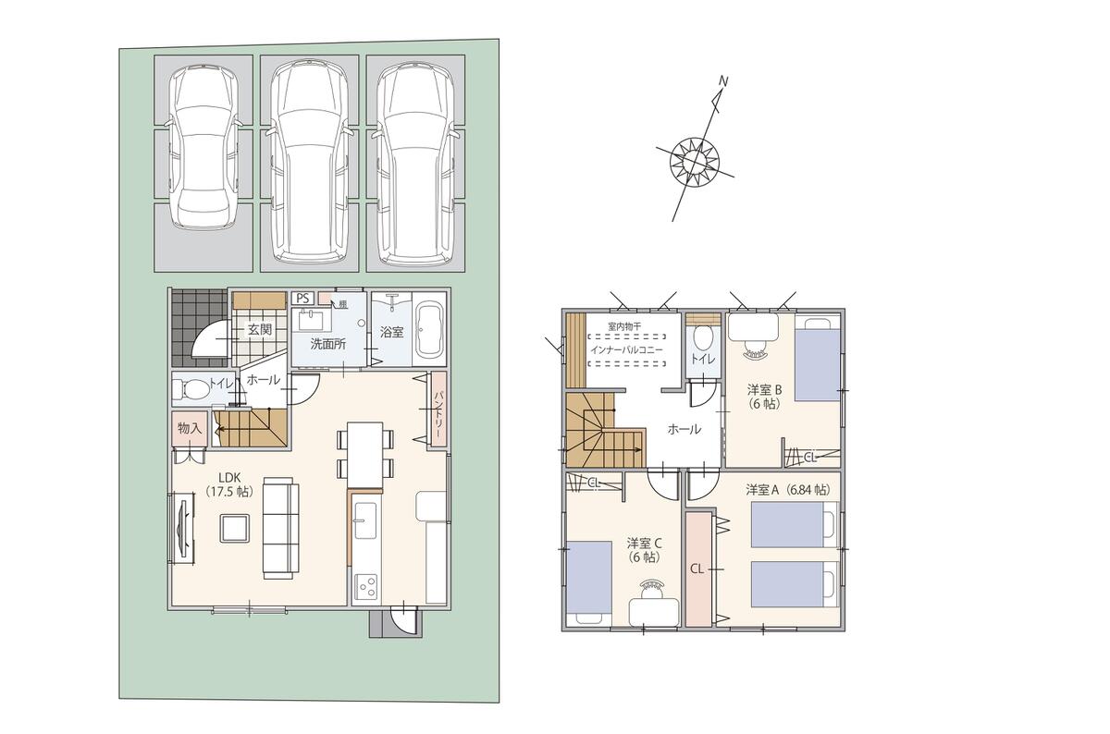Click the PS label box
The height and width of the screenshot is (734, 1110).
click(302, 299)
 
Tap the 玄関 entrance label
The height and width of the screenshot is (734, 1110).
click(260, 329)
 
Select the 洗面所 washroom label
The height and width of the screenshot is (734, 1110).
click(328, 344)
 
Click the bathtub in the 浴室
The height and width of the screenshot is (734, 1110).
click(429, 332)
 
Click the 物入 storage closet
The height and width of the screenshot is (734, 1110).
click(190, 430)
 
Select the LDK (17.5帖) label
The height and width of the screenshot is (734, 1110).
click(229, 485)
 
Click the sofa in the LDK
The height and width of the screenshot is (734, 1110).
click(281, 528)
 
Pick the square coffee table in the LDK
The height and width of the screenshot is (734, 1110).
click(234, 529)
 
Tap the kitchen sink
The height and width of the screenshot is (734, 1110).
click(365, 520)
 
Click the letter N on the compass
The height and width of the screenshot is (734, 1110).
click(723, 81)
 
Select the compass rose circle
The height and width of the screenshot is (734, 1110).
click(695, 163)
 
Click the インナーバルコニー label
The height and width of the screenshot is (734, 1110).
click(626, 350)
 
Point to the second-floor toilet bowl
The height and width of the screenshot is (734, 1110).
click(702, 339)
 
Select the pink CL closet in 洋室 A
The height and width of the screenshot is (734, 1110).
click(698, 569)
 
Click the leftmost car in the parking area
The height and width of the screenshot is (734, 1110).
click(203, 148)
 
